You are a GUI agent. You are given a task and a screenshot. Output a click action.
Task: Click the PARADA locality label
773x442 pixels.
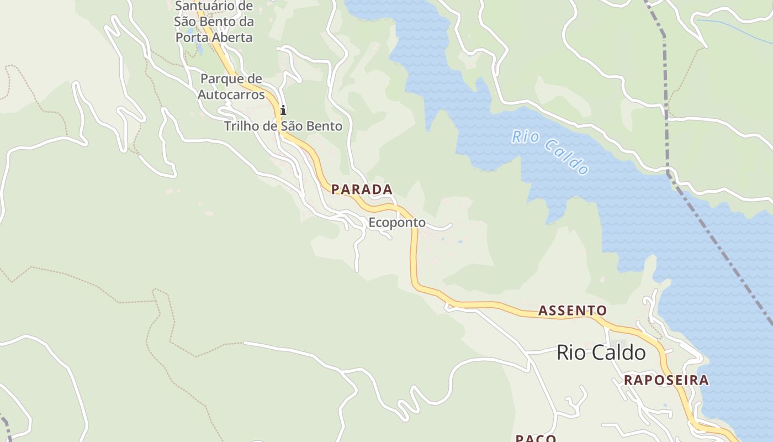(x=362, y=190)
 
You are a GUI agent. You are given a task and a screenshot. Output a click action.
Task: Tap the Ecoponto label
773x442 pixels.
(x=397, y=223)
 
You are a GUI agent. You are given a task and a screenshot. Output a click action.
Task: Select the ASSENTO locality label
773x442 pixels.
(x=573, y=311)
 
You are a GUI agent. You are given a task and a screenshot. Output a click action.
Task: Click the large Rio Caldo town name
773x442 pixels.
(x=601, y=352)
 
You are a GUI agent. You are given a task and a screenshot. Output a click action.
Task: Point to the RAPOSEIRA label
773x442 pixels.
(x=666, y=380)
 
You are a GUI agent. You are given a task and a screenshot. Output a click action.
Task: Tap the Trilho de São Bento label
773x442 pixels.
(x=283, y=126)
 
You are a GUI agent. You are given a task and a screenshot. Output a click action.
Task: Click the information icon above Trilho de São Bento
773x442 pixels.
(x=283, y=110)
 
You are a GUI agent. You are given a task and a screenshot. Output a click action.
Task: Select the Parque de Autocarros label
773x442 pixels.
(x=231, y=86)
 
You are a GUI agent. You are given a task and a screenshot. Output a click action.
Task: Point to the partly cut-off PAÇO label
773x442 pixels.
(x=536, y=438)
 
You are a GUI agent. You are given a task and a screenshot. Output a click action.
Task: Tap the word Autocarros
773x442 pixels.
(x=231, y=94)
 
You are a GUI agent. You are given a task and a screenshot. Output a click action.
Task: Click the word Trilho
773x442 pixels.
(x=242, y=126)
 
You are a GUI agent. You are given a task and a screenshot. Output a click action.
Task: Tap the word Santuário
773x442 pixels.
(x=202, y=7)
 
